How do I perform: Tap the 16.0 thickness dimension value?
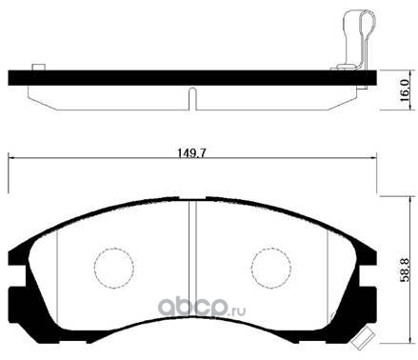coord(404,91)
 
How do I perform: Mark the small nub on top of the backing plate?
coord(37,67)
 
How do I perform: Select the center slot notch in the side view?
coord(191,99)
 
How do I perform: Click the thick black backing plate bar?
coord(190,77)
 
